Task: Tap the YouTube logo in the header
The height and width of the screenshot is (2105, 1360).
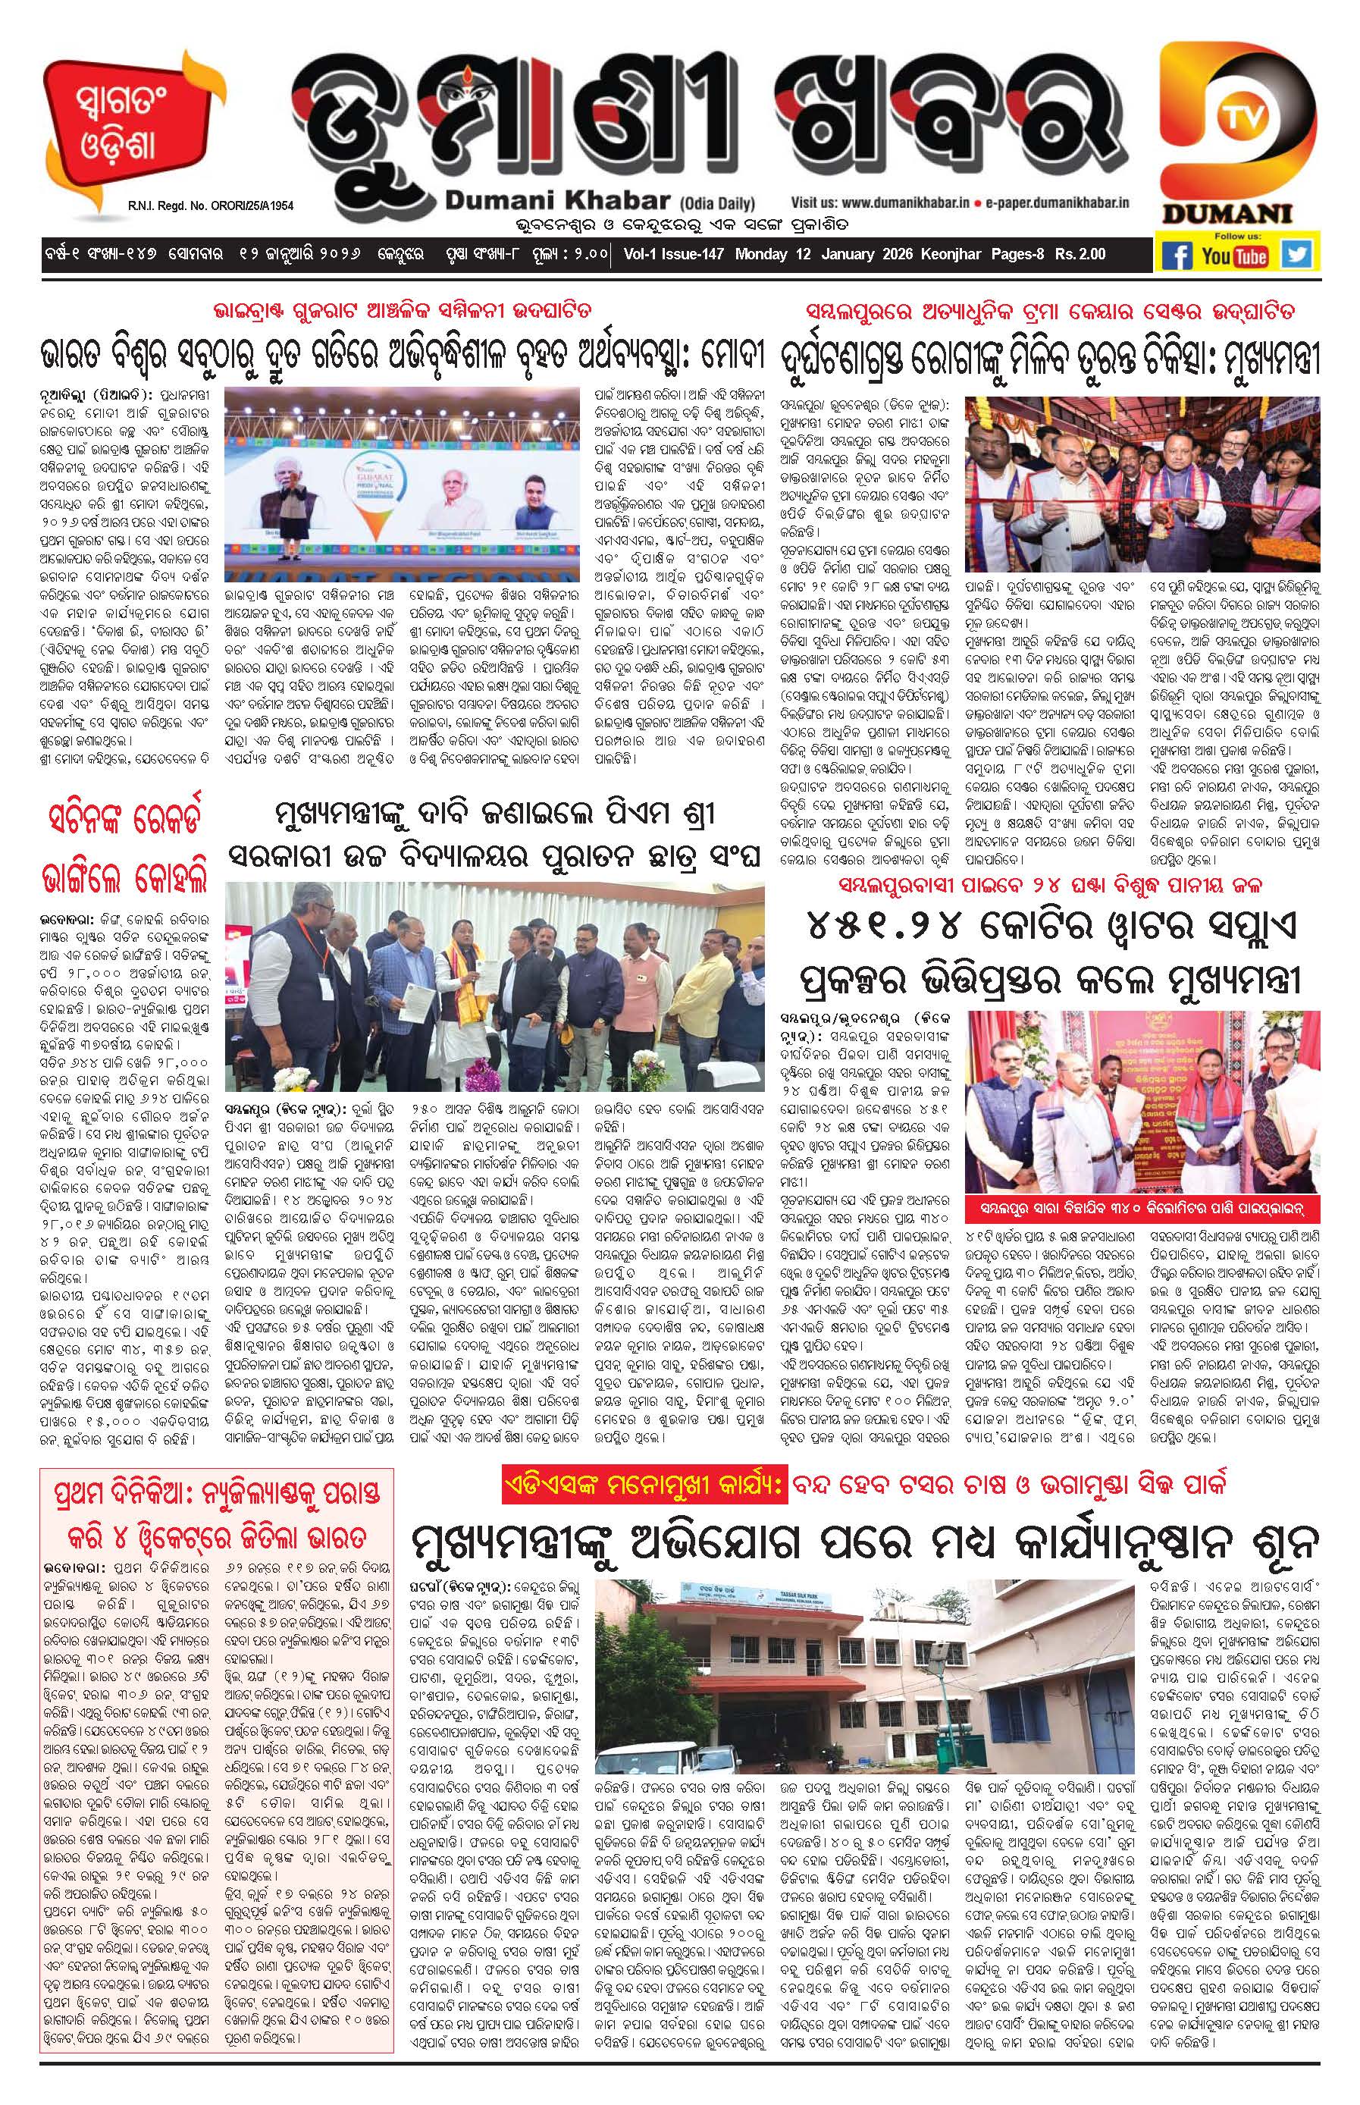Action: click(1235, 256)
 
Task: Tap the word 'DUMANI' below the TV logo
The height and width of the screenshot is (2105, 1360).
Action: click(1238, 213)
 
